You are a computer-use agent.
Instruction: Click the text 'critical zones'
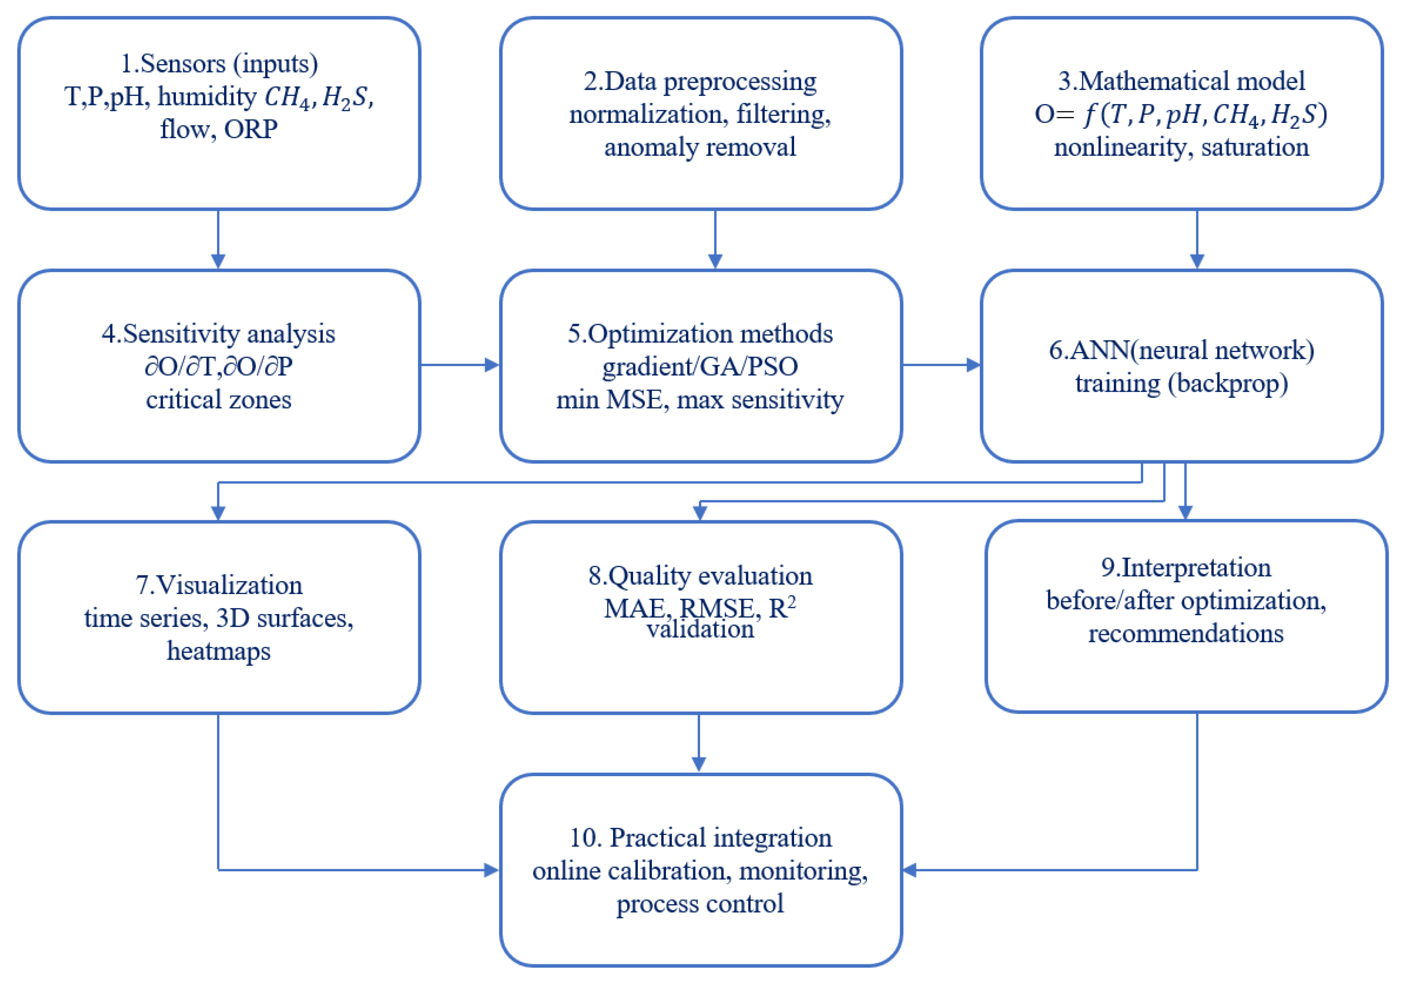click(219, 400)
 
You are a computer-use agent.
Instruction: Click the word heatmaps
click(219, 651)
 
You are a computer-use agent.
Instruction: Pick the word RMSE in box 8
click(716, 608)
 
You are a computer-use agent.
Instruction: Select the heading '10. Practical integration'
click(700, 838)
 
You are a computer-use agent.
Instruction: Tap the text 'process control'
click(700, 903)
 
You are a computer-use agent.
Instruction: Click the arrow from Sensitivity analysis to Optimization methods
click(459, 365)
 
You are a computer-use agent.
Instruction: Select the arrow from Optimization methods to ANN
click(941, 365)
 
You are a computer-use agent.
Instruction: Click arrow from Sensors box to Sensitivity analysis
click(218, 239)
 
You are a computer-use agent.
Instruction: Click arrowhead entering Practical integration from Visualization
click(491, 870)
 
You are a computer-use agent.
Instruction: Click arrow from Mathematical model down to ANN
click(1197, 239)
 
